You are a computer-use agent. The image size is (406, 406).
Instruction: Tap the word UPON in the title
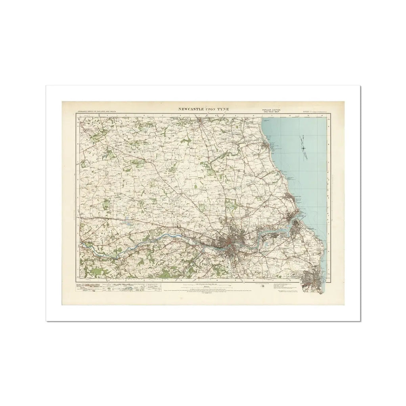[216, 108]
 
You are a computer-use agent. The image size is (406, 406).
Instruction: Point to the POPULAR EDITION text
[270, 109]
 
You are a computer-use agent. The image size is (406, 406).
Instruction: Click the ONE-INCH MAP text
[270, 112]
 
